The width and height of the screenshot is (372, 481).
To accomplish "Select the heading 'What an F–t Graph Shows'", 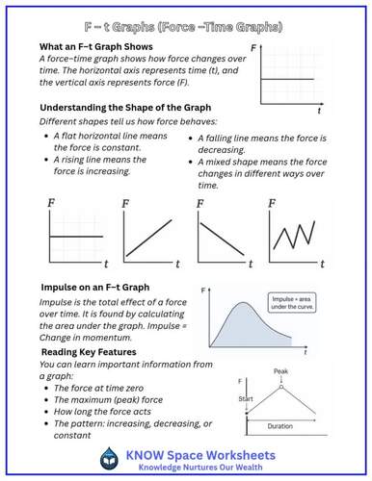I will (101, 46).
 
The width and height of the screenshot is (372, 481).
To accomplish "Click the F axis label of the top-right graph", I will (252, 47).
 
